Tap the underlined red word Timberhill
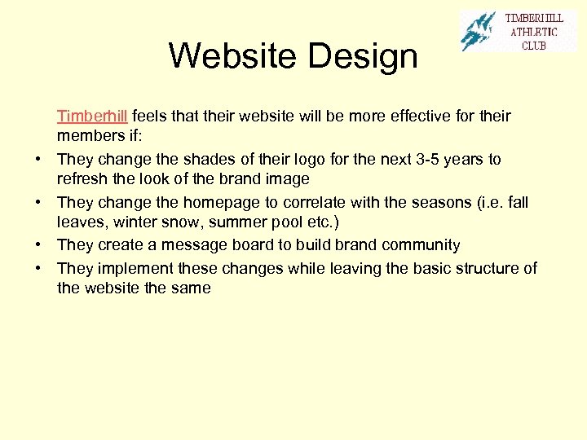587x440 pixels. click(x=91, y=116)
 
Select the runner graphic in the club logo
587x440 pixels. click(x=478, y=31)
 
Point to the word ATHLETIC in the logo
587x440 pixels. click(x=534, y=32)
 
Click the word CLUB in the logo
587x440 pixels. click(x=534, y=45)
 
